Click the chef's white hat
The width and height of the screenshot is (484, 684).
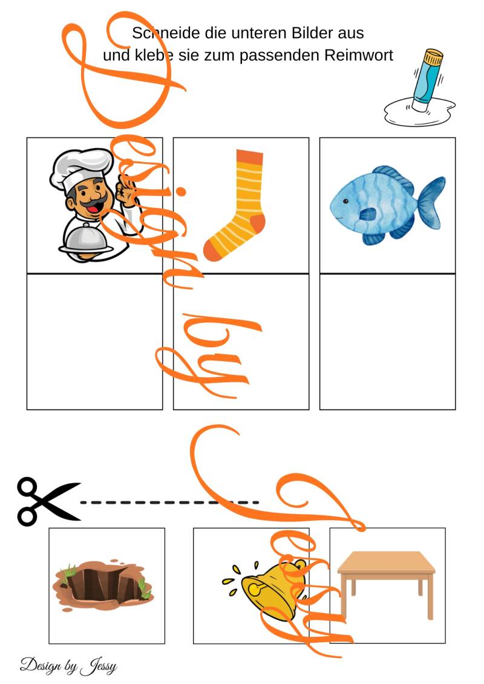pos(80,168)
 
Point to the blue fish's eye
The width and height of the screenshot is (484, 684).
pos(345,201)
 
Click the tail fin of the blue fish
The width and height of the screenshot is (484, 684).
pos(432,203)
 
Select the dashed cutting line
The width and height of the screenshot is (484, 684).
pos(170,503)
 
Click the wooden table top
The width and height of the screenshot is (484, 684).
pos(386,562)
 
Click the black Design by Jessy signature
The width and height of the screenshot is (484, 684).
pos(68,666)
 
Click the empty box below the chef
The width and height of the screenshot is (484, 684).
pos(95,342)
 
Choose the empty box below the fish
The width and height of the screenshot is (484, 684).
pos(388,342)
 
